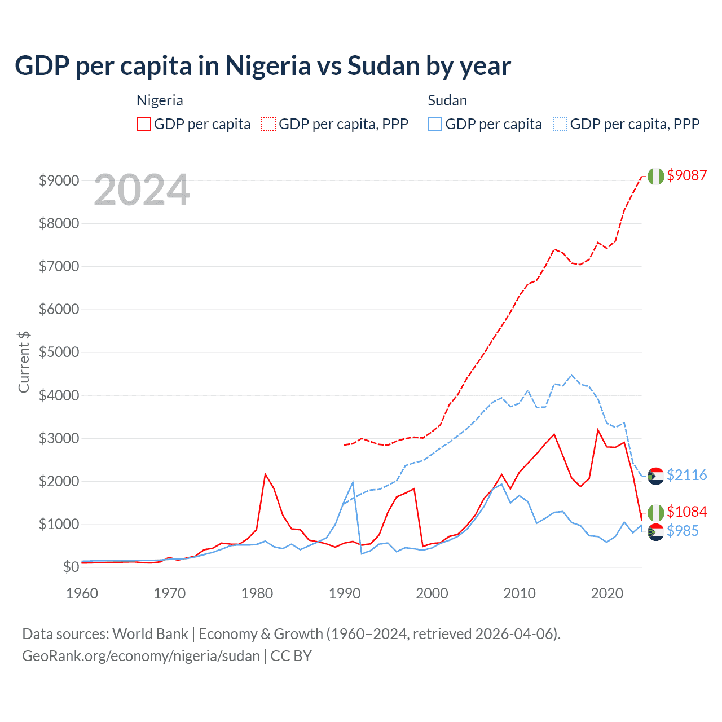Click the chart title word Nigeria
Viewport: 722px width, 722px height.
268,66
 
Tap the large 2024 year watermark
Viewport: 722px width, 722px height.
142,191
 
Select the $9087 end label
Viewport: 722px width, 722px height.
686,175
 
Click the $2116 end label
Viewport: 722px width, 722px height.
686,475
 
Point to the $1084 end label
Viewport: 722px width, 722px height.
686,512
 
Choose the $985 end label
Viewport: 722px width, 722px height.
683,531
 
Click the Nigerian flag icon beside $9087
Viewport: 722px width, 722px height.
655,176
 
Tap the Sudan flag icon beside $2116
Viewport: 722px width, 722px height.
655,476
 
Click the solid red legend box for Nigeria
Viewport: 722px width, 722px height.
144,124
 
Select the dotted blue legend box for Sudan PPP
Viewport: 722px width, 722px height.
560,124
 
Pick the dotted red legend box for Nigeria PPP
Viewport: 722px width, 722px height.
269,124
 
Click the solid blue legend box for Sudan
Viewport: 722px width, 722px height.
435,124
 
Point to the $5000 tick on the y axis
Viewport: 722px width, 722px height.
59,353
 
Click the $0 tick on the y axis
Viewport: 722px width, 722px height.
71,567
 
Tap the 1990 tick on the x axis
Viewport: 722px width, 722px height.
345,593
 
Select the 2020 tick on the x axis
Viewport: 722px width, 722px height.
607,593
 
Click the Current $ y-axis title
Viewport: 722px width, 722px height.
24,362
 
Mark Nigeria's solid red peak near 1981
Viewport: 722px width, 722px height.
265,474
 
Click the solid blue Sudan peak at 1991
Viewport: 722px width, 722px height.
353,482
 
